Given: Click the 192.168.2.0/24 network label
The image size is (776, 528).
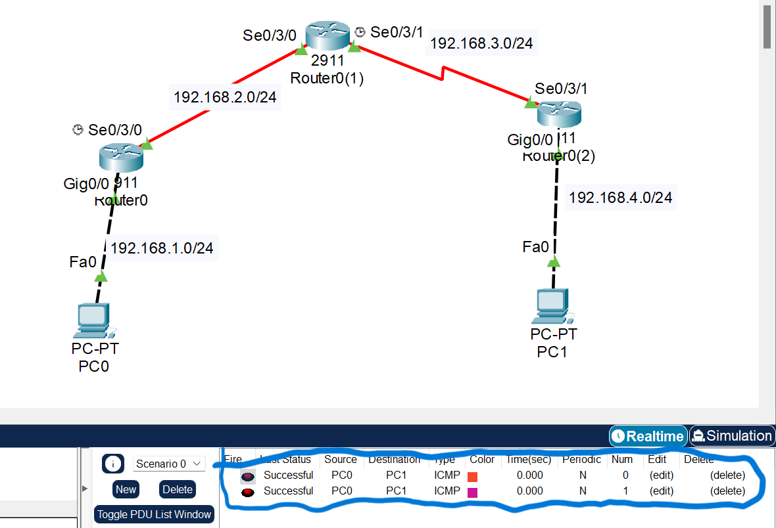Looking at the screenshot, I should (x=225, y=97).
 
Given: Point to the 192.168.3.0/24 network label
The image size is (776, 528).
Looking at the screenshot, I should (x=481, y=43).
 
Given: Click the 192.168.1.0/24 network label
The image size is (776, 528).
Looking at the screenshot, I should (x=162, y=248).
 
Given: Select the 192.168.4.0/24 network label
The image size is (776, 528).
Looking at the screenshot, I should (x=620, y=197).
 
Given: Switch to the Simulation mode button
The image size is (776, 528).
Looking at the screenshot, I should (x=732, y=436).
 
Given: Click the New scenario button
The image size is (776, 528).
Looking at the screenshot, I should (x=126, y=489).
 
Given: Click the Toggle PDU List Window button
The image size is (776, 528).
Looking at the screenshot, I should (x=155, y=514).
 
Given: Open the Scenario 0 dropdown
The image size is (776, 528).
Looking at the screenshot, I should (x=169, y=464).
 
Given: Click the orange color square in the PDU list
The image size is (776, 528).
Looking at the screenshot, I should (x=472, y=476).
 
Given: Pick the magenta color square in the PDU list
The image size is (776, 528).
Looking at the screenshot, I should (x=472, y=492).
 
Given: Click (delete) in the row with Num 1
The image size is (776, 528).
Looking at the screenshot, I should (x=727, y=491).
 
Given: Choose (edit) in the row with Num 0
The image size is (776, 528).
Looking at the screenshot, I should (x=661, y=475).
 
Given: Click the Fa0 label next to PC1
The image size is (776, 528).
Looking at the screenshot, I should (x=535, y=247).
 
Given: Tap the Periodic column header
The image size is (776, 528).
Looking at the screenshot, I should (x=581, y=460).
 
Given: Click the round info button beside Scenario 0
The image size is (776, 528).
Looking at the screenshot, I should (x=113, y=464).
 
